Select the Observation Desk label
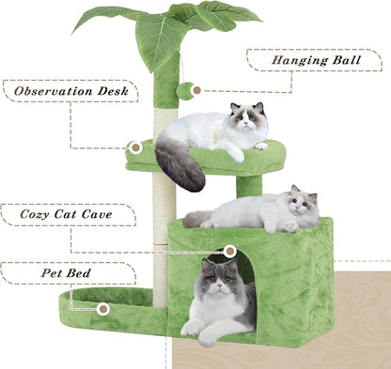[70, 92]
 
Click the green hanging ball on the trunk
[185, 91]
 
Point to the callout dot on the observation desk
[135, 147]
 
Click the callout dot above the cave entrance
[230, 252]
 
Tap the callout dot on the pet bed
[102, 308]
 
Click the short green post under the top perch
[248, 186]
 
